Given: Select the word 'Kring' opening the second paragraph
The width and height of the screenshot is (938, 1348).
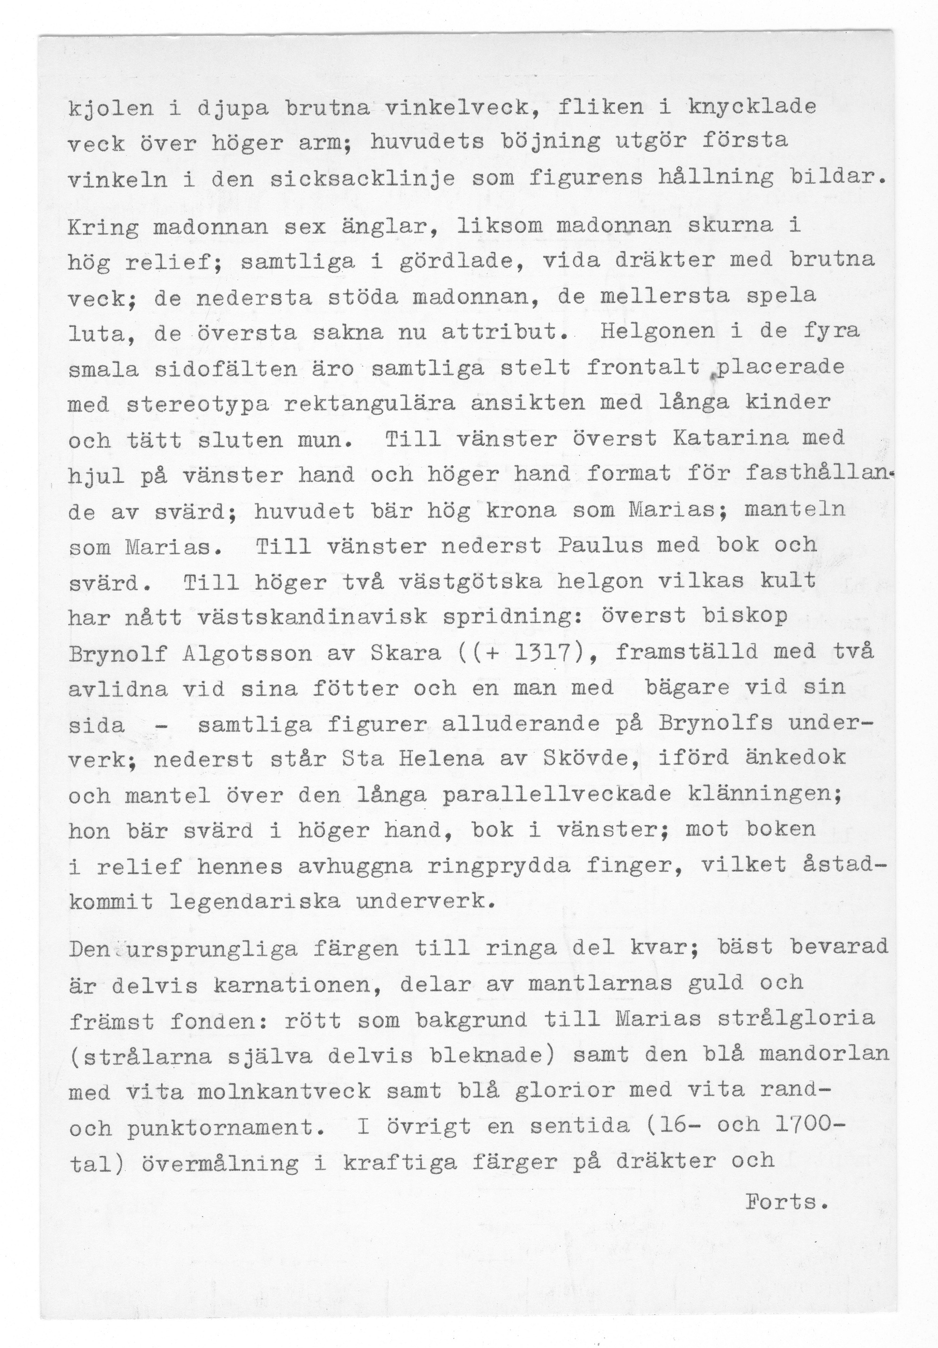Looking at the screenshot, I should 103,227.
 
